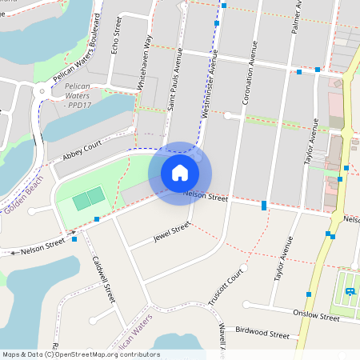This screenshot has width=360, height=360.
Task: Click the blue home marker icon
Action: click(180, 173)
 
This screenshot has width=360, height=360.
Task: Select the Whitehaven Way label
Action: click(145, 58)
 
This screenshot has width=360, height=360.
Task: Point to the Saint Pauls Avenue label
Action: click(174, 78)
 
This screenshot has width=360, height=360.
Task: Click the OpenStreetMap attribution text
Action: click(80, 354)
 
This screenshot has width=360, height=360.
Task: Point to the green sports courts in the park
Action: click(89, 198)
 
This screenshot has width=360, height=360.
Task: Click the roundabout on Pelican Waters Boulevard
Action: click(42, 90)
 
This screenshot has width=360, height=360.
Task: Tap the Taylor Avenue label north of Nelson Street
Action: click(311, 142)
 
